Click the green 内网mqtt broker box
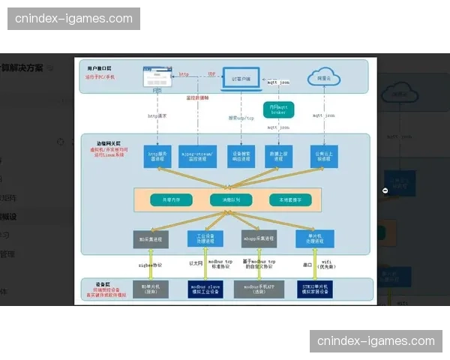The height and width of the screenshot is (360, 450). tap(278, 110)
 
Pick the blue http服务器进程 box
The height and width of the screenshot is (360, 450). tap(157, 157)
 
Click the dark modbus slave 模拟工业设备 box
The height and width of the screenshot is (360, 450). tap(205, 289)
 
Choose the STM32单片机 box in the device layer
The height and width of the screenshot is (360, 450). tap(309, 289)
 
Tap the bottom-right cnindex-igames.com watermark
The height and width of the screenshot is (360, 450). tap(376, 340)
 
